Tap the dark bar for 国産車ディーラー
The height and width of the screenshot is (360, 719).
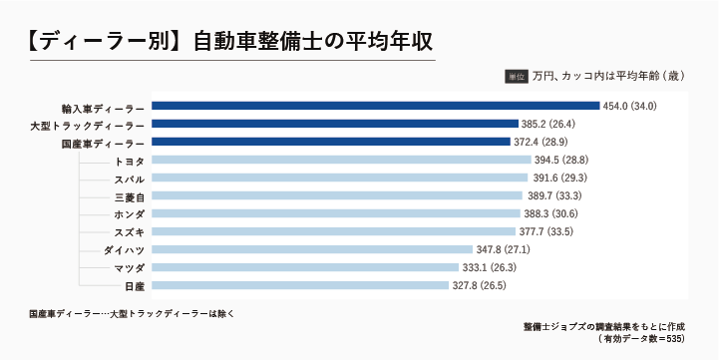coord(330,142)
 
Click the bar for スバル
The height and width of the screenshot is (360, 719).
coord(340,178)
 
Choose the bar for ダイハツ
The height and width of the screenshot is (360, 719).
coord(313,249)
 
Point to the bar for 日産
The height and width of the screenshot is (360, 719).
coord(300,285)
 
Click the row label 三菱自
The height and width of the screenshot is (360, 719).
coord(129,196)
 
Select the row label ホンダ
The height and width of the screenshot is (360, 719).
coord(129,214)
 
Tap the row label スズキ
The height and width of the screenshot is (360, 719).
coord(129,232)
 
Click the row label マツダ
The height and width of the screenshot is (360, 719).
coord(129,268)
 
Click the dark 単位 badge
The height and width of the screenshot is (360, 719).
coord(516,75)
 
